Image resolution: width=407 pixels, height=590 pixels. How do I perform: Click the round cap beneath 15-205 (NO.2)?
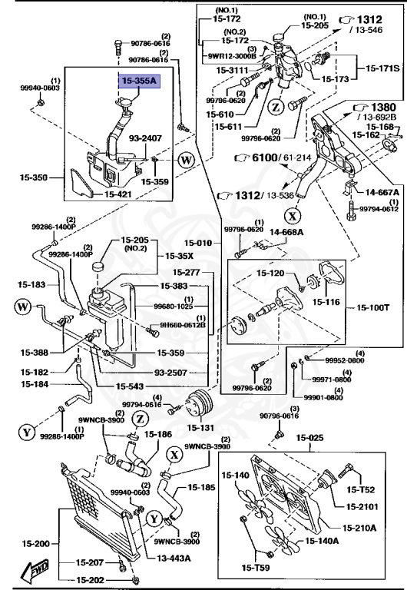tap(98, 267)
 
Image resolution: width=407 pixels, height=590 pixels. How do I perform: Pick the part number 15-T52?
tap(359, 489)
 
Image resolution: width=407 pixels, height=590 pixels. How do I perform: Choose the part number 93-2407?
tap(144, 138)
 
